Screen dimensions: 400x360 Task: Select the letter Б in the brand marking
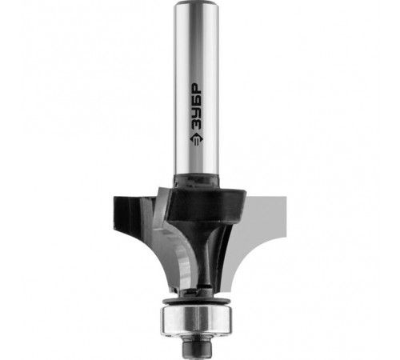(197, 99)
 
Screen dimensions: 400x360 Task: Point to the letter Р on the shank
(197, 88)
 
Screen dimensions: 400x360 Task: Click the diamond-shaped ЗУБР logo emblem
(197, 138)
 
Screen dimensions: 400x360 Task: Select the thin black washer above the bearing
(197, 301)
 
